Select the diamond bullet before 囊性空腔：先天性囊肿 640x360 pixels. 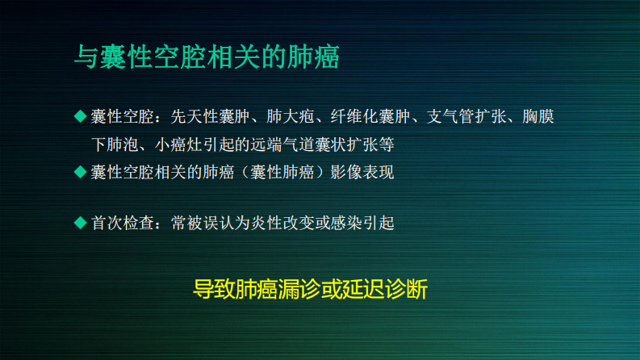[x=79, y=116]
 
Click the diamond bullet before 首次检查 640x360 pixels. [x=79, y=222]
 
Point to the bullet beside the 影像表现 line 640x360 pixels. [x=79, y=171]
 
